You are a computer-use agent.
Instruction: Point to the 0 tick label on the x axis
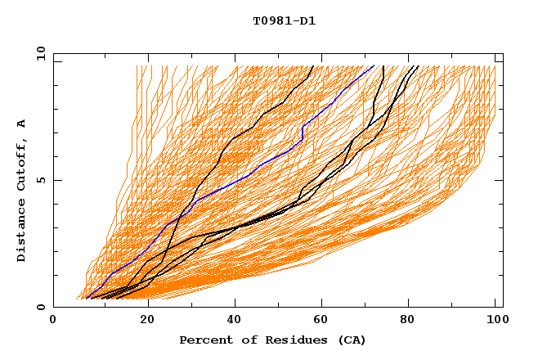coord(53,321)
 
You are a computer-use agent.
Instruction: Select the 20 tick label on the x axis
coord(147,321)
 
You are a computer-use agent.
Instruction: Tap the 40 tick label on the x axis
coord(236,321)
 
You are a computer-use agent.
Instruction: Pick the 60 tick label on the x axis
coord(325,321)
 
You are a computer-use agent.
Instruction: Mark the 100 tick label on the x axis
coord(495,321)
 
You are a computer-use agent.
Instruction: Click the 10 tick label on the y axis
coord(40,53)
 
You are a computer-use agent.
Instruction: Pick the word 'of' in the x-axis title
coord(243,340)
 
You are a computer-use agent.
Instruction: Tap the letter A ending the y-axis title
coord(22,123)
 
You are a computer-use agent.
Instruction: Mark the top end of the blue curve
coord(374,65)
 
